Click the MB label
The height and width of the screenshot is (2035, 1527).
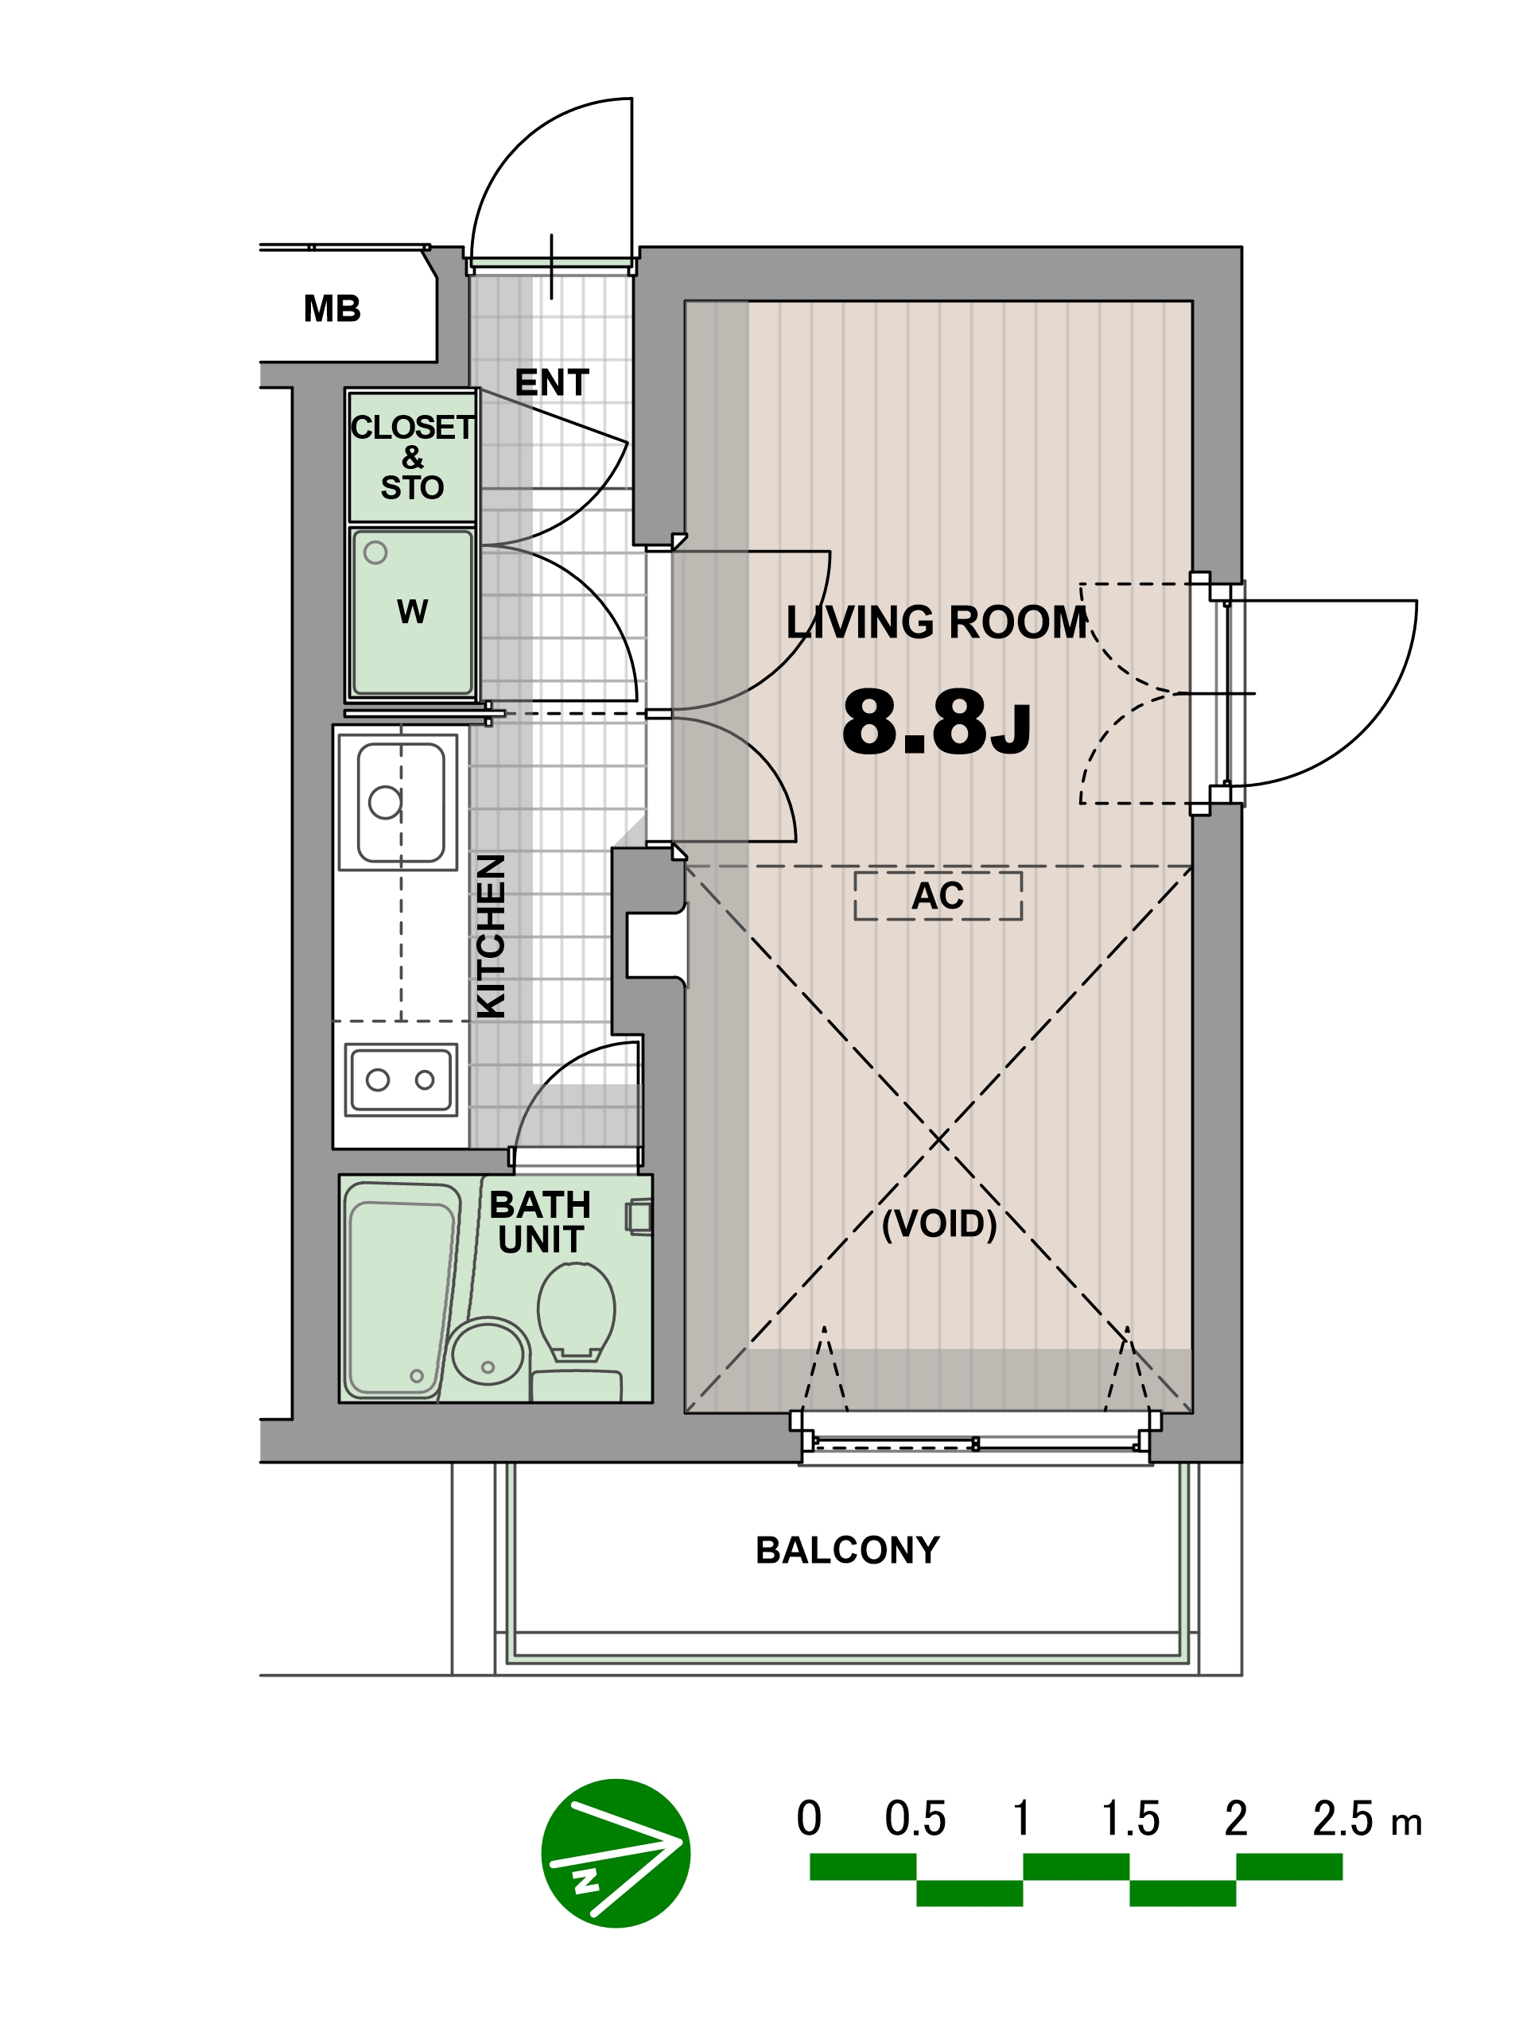point(332,308)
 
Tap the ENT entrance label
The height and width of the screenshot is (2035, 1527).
point(551,382)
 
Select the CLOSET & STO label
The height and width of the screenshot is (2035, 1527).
point(411,457)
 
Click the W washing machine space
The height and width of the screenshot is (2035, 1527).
point(411,613)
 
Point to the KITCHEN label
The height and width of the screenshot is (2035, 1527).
point(492,936)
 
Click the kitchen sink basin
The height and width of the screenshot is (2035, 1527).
point(400,802)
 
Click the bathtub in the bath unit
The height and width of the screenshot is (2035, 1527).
point(402,1289)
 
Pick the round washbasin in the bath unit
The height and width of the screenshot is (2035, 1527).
point(488,1352)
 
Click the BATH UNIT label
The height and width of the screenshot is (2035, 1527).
point(540,1222)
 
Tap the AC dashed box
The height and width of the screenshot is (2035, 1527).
point(938,895)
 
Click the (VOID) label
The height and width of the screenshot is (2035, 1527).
point(938,1223)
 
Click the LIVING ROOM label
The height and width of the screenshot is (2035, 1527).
point(937,623)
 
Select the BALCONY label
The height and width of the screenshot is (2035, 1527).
point(848,1550)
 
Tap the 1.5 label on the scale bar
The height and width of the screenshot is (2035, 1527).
point(1130,1819)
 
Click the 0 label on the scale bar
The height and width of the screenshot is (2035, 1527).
point(809,1818)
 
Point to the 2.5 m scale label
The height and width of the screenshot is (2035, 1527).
point(1367,1819)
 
